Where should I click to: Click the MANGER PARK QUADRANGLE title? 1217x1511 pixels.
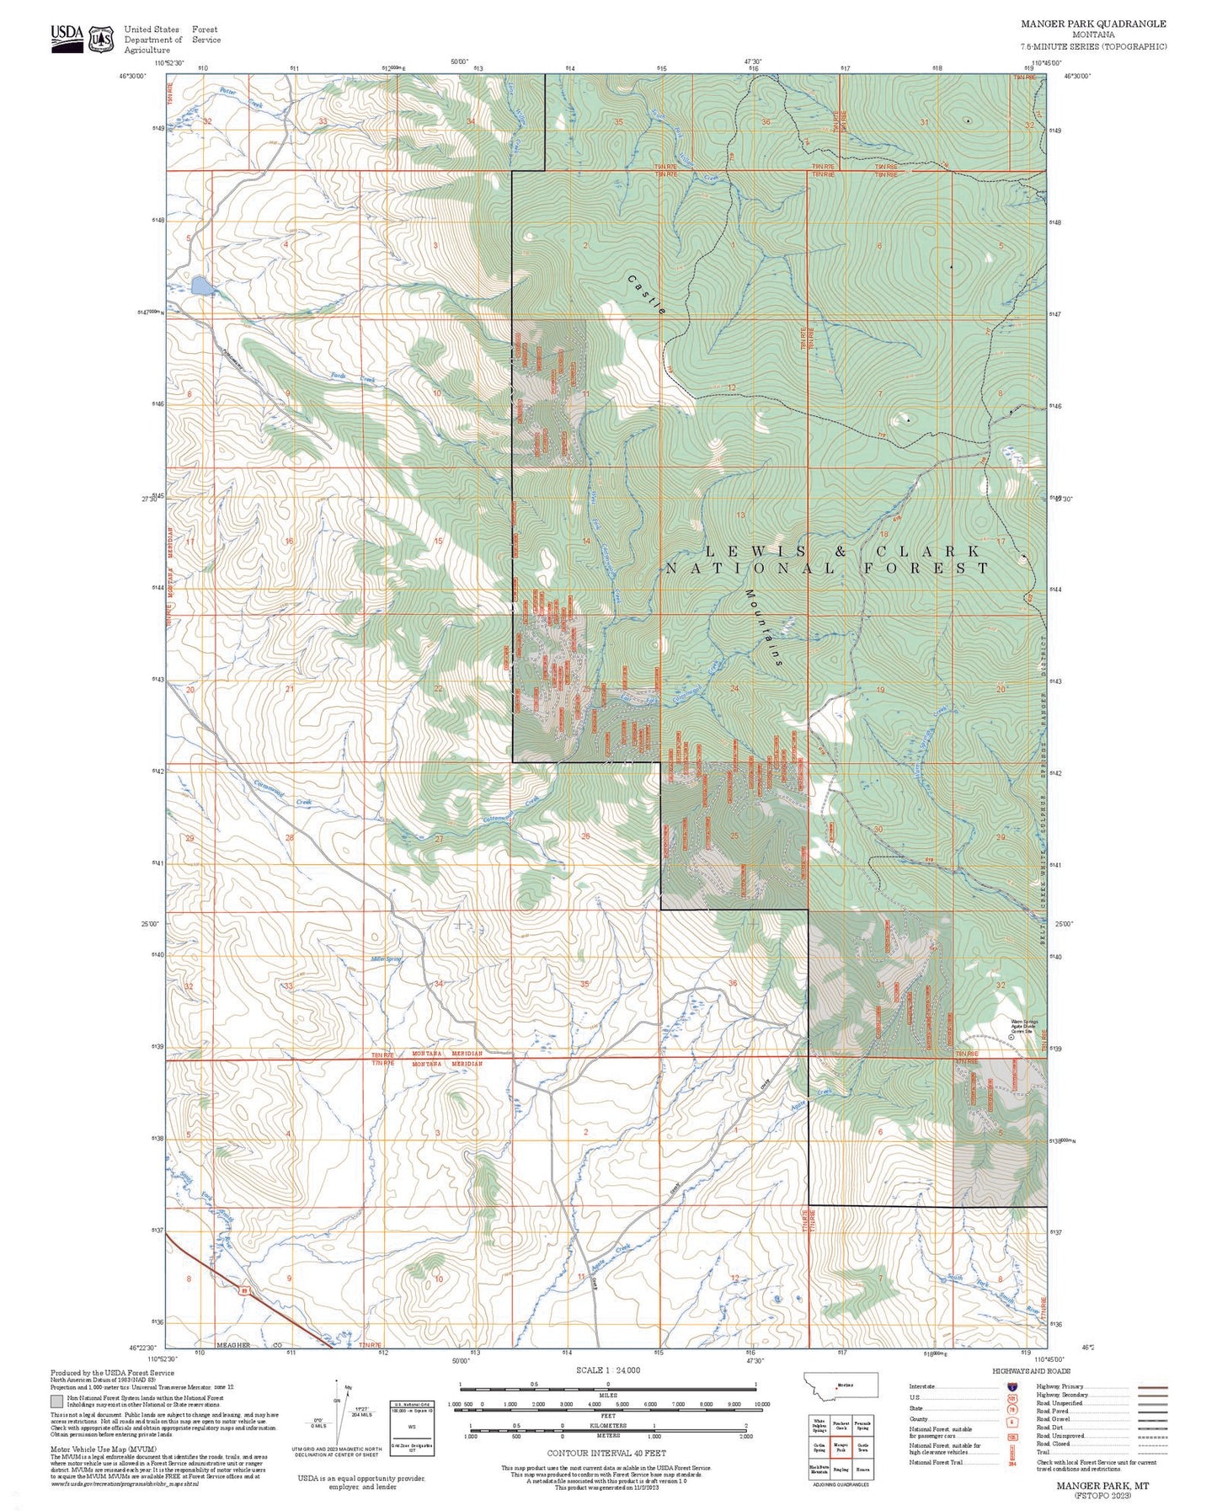1093,24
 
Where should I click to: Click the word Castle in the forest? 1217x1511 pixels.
647,294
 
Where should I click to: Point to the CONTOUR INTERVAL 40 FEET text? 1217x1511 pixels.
606,1453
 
